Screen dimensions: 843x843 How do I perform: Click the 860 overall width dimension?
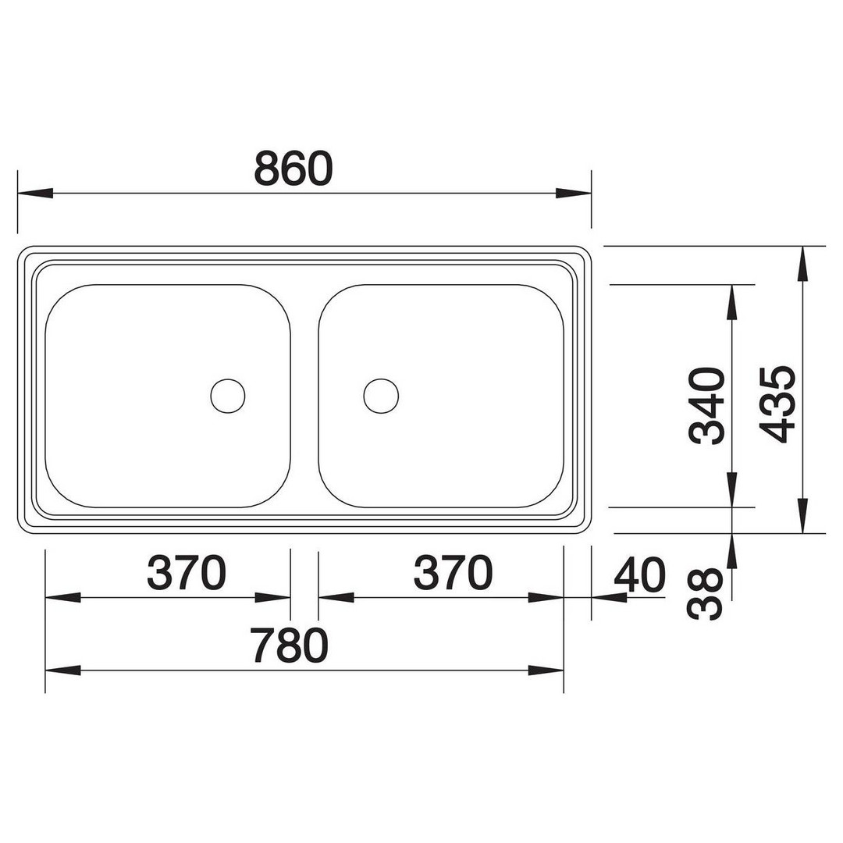[x=293, y=169]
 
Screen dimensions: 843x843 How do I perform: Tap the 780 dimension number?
[x=289, y=646]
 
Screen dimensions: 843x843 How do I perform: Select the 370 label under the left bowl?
[x=187, y=573]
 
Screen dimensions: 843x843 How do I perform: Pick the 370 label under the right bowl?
[x=453, y=573]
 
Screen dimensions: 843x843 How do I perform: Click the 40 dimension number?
[x=639, y=574]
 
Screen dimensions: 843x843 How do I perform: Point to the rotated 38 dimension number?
[x=706, y=594]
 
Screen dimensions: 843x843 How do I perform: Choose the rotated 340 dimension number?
[x=706, y=406]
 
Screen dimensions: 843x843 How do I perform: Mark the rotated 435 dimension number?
[x=777, y=404]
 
